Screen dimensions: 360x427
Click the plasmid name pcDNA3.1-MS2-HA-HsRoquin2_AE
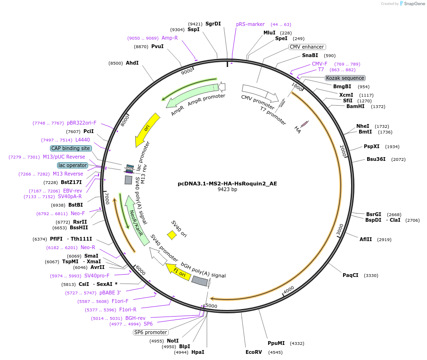click(227, 183)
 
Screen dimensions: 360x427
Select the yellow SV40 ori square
click(172, 234)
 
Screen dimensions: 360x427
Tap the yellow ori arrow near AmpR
click(148, 128)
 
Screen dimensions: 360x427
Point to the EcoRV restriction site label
click(253, 352)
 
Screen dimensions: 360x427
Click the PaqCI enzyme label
click(351, 275)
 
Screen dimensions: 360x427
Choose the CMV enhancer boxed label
click(307, 47)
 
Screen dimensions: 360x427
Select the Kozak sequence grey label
click(345, 78)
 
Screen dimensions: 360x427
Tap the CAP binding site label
click(70, 148)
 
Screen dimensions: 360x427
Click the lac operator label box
click(73, 165)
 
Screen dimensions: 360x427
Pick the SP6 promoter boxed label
click(150, 332)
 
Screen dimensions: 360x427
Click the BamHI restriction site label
click(355, 106)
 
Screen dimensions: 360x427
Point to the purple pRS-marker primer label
click(250, 24)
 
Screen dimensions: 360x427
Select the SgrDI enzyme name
click(213, 24)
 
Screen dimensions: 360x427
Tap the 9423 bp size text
click(227, 190)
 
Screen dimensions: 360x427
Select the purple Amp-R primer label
click(170, 38)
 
